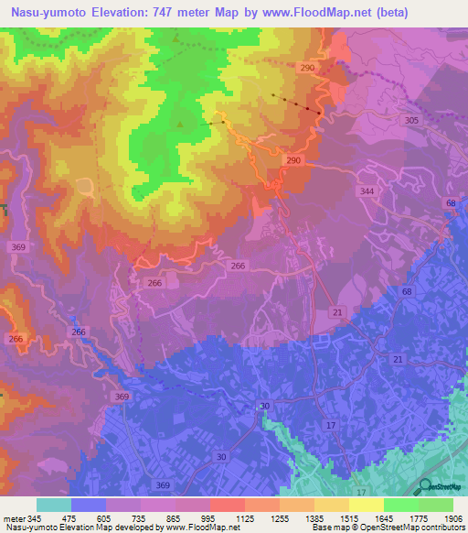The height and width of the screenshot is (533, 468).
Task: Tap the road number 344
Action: point(367,190)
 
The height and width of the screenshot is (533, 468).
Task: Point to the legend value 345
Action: point(33,517)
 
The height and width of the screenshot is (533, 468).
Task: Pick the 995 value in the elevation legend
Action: point(208,517)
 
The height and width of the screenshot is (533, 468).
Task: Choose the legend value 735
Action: point(139,517)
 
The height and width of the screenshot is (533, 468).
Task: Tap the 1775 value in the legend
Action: point(417,517)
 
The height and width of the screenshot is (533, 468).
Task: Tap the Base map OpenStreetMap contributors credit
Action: point(388,528)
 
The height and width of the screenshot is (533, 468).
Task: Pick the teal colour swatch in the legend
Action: point(54,505)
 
